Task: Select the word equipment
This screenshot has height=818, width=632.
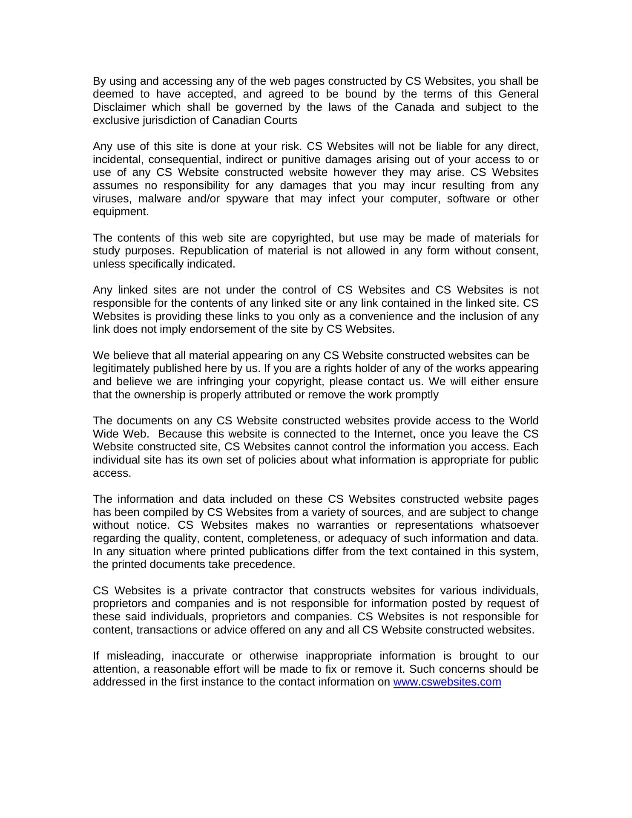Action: (x=121, y=212)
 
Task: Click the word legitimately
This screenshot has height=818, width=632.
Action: (x=121, y=369)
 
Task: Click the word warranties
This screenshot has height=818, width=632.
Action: (x=343, y=525)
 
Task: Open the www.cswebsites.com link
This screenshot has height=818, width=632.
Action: (x=447, y=682)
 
